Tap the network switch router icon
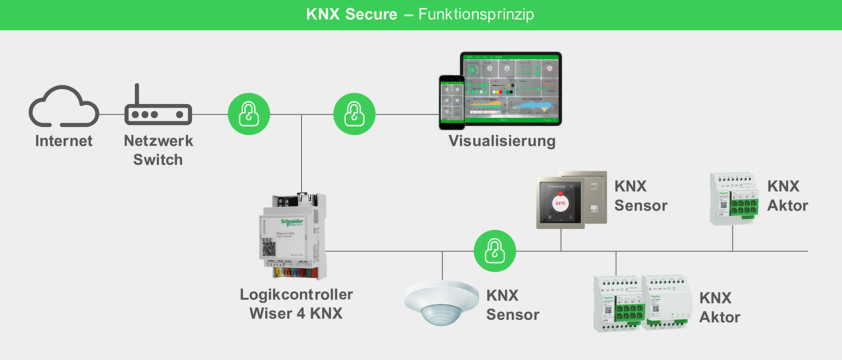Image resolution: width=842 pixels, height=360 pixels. [158, 113]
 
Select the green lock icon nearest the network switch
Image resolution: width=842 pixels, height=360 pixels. [249, 114]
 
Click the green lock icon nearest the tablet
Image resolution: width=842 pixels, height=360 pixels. [354, 114]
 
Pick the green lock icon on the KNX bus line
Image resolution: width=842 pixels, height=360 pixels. [494, 251]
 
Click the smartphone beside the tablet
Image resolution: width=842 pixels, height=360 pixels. [451, 102]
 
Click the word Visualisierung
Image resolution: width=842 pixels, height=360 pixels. [502, 141]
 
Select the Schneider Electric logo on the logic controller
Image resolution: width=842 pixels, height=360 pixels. [292, 222]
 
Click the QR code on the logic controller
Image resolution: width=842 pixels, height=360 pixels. [269, 248]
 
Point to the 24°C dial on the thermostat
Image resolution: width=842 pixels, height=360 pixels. [560, 203]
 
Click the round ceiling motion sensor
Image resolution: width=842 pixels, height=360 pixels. [441, 302]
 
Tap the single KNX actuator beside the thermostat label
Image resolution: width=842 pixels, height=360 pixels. [733, 198]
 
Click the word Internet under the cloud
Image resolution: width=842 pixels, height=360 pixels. [64, 141]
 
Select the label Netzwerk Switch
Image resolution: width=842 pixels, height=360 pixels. [158, 150]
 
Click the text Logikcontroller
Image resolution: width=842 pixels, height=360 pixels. [296, 295]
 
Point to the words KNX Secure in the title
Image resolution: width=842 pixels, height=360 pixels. [351, 14]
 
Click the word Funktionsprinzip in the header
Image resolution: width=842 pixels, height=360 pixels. [476, 14]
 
